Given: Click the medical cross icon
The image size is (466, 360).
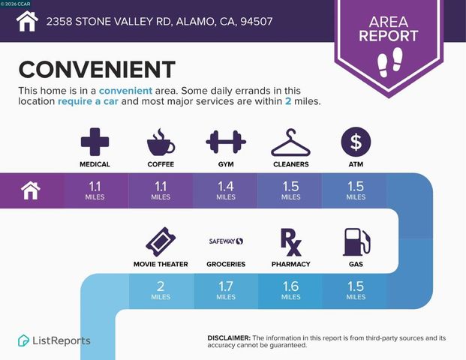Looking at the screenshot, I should click(x=95, y=142).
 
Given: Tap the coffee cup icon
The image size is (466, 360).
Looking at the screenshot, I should click(x=160, y=142).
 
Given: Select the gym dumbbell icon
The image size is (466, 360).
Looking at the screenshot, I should click(x=226, y=142).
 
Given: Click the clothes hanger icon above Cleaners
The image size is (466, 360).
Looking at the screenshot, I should click(x=290, y=142).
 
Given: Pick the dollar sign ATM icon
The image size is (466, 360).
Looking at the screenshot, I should click(x=356, y=142).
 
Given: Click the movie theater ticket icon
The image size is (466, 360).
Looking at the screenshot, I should click(x=160, y=241).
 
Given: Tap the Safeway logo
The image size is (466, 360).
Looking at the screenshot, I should click(x=226, y=241).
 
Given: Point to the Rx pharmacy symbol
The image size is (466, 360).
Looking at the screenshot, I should click(x=290, y=241).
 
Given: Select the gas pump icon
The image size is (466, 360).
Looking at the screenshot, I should click(x=356, y=241).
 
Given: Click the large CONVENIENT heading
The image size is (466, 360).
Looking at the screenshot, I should click(x=97, y=68).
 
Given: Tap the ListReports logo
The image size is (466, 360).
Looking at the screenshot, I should click(x=54, y=340).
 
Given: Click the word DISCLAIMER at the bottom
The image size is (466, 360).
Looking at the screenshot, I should click(x=228, y=338).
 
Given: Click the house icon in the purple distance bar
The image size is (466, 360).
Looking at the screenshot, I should click(x=31, y=190).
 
